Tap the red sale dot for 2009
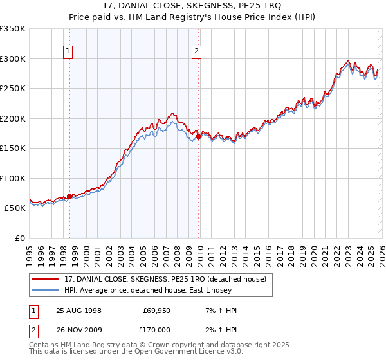(x=199, y=136)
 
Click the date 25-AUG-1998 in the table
(x=78, y=310)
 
